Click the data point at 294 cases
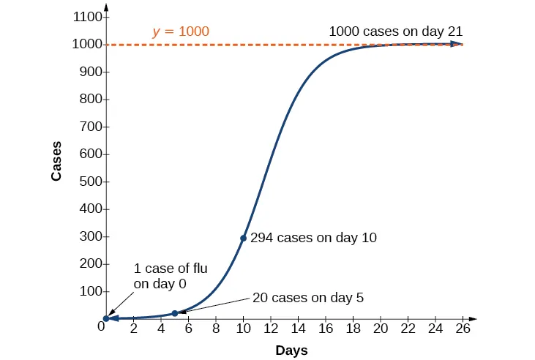(243, 238)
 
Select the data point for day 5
(174, 313)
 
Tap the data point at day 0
(106, 318)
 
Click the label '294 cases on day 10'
(313, 238)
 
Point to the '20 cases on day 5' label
(307, 298)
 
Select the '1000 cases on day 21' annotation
(395, 31)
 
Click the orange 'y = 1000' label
(181, 31)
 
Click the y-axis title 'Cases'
(56, 161)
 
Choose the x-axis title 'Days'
(291, 350)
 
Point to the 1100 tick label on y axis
(87, 17)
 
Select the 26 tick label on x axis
(463, 330)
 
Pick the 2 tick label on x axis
(133, 330)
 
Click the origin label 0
(102, 326)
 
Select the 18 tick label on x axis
(353, 330)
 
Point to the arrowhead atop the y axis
(106, 10)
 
